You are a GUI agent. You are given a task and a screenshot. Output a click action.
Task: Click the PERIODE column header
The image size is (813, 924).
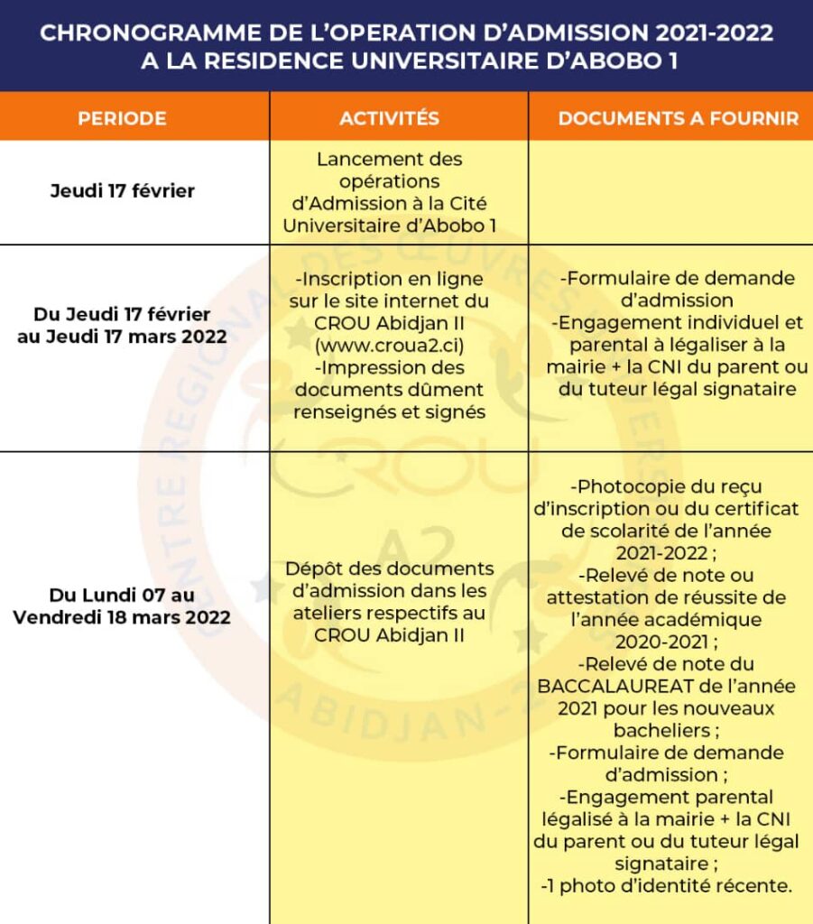click(x=122, y=118)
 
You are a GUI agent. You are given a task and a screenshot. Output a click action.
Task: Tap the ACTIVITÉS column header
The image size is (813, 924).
click(x=389, y=118)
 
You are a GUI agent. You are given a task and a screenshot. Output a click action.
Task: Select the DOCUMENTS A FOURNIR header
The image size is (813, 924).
click(x=678, y=118)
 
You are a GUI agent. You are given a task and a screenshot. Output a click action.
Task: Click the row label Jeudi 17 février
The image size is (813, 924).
click(x=122, y=191)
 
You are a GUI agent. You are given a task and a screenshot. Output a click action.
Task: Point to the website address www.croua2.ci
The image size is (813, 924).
click(x=389, y=345)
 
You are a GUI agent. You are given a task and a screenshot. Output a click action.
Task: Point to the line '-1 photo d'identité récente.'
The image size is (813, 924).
click(x=667, y=886)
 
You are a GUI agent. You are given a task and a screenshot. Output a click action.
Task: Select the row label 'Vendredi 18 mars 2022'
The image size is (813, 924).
click(x=122, y=618)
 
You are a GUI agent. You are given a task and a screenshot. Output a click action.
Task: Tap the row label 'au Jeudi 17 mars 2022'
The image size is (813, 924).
click(x=122, y=337)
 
